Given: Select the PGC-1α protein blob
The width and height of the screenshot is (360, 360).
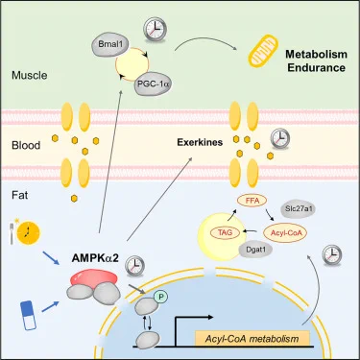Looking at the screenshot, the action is pos(153,84).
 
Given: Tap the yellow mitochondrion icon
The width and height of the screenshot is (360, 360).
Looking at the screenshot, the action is pos(262,52).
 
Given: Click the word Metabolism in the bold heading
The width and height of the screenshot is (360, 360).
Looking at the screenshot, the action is pos(316,54).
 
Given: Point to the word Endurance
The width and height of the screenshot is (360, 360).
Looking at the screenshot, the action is pos(316,68).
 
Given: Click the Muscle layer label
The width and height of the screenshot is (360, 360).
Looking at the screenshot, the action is pos(30,76).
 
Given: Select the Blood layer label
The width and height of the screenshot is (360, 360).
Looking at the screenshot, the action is pos(26,145).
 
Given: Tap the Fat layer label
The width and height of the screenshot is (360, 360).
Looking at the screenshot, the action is pos(20,195).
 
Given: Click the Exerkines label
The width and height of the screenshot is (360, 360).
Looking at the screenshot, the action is pos(200,142).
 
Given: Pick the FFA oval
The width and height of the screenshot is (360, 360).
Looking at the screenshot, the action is pos(252,201).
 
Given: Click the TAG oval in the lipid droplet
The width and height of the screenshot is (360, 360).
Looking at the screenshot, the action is pos(225,232).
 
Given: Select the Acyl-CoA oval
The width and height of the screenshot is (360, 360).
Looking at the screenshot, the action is pos(284,232).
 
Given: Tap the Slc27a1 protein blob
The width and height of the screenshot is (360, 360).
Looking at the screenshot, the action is pos(298,209).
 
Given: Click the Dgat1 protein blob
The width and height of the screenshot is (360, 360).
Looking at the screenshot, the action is pos(255,249).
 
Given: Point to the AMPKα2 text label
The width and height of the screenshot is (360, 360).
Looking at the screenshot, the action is pos(95,258).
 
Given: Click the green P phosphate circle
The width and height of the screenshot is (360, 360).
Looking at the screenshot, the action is pos(161,298).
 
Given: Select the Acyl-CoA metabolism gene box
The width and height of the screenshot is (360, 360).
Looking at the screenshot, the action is pos(252,339).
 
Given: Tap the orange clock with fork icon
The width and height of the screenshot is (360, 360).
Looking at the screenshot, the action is pos(26,232).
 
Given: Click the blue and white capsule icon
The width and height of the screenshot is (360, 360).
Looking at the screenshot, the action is pos(28,315).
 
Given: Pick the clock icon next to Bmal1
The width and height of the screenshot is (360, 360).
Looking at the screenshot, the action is pos(155,30).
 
